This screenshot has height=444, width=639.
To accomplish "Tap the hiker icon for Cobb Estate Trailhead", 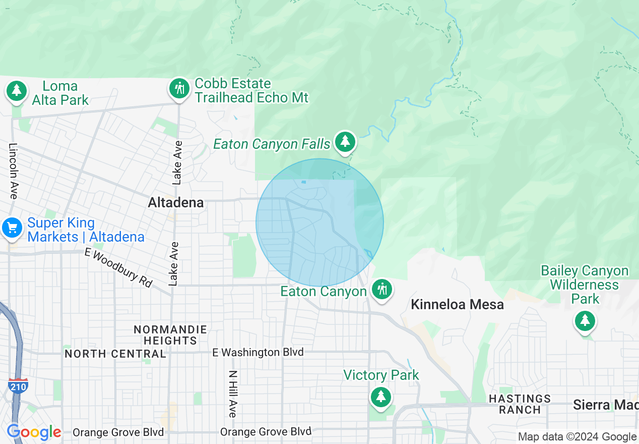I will tap(178, 89).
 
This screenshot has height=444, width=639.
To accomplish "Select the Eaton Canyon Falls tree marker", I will tap(345, 142).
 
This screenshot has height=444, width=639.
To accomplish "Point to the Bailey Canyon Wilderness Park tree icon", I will tap(585, 320).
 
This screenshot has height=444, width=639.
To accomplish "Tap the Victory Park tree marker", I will tap(380, 397).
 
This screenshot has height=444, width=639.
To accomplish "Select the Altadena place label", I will tap(176, 203).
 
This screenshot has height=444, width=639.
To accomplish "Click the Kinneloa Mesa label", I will tap(457, 305).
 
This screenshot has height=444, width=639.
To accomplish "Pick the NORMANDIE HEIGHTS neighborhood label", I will tap(170, 335).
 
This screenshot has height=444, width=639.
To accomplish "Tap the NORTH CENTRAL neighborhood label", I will tap(115, 354).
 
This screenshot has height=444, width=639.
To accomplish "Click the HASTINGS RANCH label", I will tap(520, 404).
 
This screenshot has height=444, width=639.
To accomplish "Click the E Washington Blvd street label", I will tap(258, 352).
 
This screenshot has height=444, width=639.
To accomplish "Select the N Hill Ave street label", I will tap(232, 394).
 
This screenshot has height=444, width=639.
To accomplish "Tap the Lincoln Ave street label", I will tap(13, 170).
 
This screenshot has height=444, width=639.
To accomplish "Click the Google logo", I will tap(34, 432).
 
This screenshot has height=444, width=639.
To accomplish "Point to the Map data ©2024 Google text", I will tap(577, 437).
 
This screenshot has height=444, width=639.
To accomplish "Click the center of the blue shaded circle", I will tap(319, 223).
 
